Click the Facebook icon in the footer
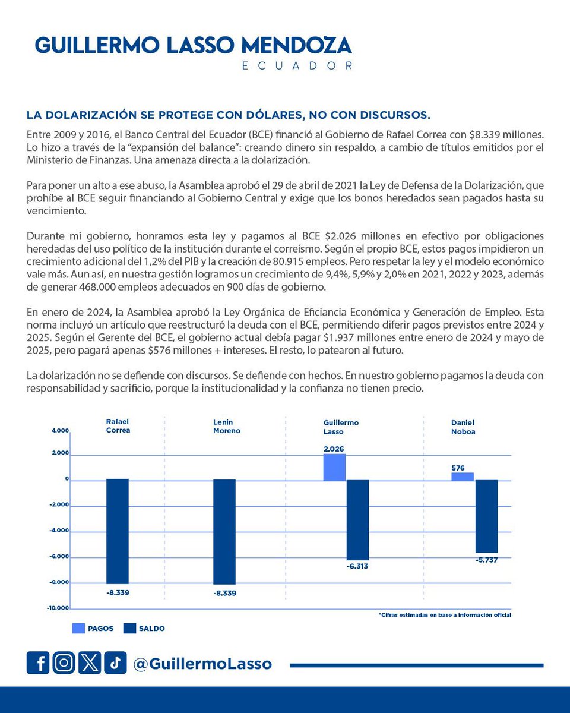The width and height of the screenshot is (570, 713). click(38, 663)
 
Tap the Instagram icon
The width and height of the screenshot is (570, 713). click(64, 663)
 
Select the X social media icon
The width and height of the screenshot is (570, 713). click(90, 663)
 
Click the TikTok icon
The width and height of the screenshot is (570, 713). click(115, 663)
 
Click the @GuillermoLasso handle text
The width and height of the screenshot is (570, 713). click(202, 664)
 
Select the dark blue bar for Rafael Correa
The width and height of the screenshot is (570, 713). click(118, 531)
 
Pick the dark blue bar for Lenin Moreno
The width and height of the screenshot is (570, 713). click(224, 531)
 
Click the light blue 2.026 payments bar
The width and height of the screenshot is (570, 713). click(334, 467)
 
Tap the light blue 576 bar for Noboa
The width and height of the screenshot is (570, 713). click(463, 477)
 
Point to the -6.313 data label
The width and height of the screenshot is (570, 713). click(357, 566)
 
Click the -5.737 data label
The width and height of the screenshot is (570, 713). click(486, 560)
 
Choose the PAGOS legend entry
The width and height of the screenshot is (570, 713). click(93, 628)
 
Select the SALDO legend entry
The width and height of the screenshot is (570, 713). click(144, 628)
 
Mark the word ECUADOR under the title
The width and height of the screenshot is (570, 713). click(297, 65)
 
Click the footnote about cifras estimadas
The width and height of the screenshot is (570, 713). click(445, 615)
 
